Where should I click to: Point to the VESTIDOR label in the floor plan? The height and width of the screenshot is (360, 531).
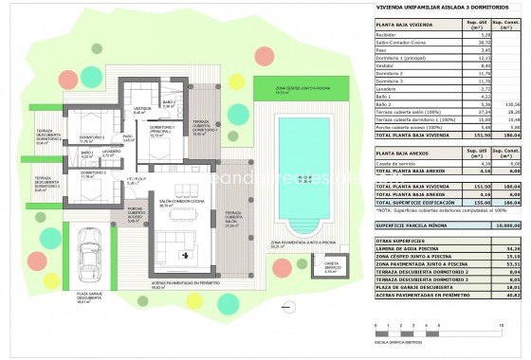click(139, 109)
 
